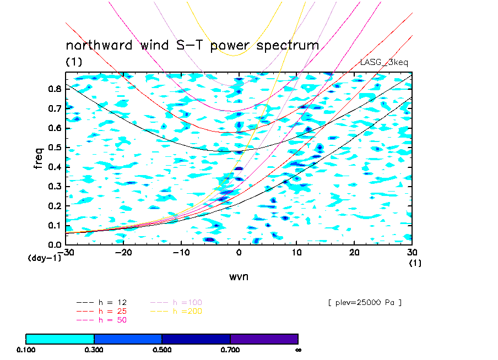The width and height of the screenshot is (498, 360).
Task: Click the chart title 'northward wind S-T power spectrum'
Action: coord(192,45)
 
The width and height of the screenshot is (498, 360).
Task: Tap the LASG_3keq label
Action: coord(384,62)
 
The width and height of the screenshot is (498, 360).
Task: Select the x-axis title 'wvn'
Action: coord(239,276)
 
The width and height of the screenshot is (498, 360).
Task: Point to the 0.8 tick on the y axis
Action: coord(54,90)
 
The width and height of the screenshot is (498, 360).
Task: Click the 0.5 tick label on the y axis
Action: coord(54,148)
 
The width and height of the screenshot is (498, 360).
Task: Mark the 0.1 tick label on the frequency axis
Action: coord(54,225)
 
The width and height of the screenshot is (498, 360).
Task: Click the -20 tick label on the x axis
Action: coord(123,252)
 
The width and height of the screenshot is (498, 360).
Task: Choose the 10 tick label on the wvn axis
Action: coord(296,252)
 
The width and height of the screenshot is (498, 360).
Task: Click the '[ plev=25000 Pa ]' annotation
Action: coord(364,302)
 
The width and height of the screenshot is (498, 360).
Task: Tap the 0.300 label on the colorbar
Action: coord(94,350)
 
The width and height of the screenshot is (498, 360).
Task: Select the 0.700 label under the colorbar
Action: coord(230,350)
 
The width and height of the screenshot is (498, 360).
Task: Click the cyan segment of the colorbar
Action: coord(60,339)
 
